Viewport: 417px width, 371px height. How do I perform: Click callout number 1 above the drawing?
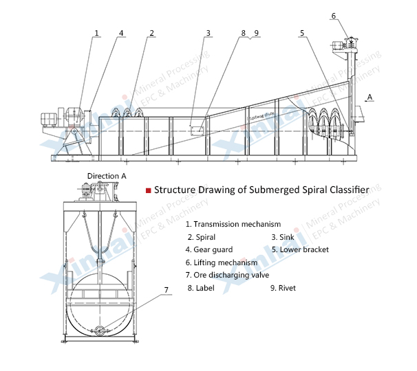97,32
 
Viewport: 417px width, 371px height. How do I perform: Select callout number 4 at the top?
121,32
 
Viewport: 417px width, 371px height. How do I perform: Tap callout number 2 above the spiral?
151,32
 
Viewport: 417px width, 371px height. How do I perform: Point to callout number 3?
208,32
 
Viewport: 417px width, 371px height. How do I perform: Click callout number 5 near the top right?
302,32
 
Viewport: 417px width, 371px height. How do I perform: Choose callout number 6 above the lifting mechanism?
334,15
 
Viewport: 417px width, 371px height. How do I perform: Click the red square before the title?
147,190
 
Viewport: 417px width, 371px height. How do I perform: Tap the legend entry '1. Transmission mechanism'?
233,224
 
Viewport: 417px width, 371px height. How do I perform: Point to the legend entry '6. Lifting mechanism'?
221,262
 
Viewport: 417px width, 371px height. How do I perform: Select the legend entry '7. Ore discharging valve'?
228,275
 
